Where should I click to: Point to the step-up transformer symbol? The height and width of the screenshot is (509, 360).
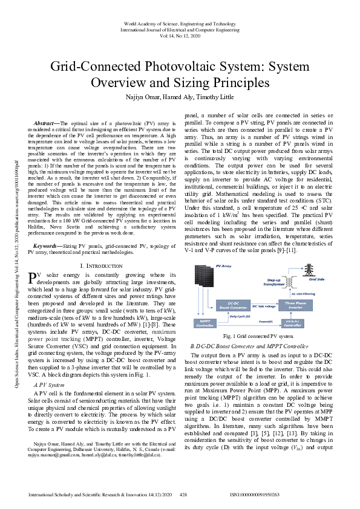point(293,282)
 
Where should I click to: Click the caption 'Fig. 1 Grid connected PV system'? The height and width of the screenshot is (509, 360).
point(259,336)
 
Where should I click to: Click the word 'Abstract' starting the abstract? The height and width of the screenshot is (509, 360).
point(47,122)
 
